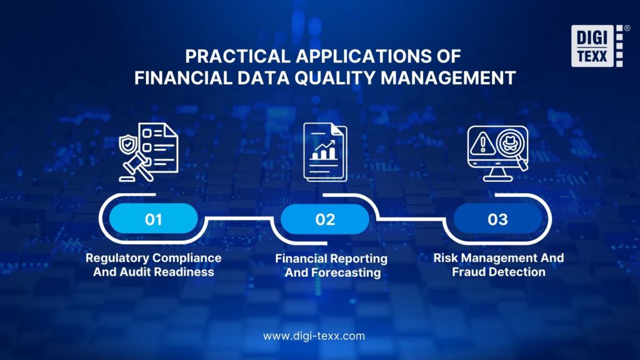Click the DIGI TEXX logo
coord(597,46)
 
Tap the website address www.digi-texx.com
coord(314,336)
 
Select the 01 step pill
coord(154,219)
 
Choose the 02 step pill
coord(325,219)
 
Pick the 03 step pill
coord(498,219)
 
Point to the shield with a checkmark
coord(127,144)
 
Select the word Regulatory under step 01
coord(115,257)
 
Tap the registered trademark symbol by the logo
coord(627,28)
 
